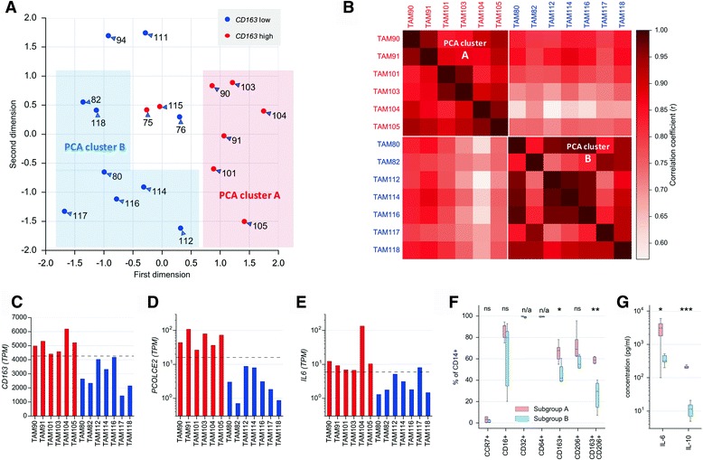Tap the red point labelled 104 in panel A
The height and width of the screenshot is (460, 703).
coord(263,111)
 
